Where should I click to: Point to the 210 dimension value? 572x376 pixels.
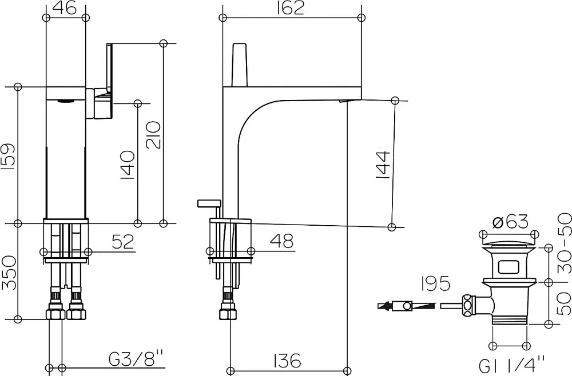pyautogui.click(x=153, y=135)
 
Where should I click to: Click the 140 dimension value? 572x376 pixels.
pyautogui.click(x=127, y=165)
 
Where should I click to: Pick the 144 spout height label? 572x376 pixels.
pyautogui.click(x=383, y=165)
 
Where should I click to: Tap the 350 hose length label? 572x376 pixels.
pyautogui.click(x=9, y=273)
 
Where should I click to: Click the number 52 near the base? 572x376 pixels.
pyautogui.click(x=122, y=242)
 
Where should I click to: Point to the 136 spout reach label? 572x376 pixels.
pyautogui.click(x=288, y=361)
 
